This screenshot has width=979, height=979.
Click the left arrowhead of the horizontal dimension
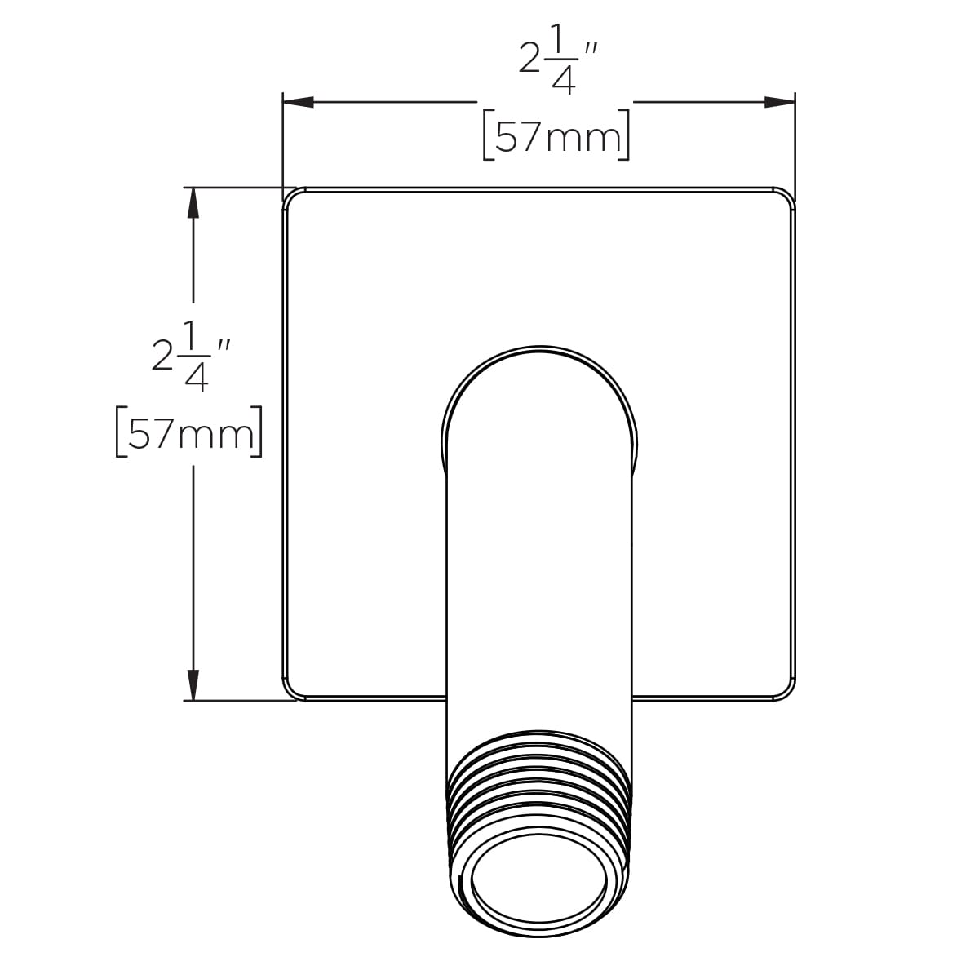click(x=299, y=102)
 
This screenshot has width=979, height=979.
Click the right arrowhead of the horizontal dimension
click(x=779, y=102)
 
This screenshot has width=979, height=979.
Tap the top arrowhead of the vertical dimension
click(x=193, y=203)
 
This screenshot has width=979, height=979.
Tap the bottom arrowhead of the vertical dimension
click(x=193, y=685)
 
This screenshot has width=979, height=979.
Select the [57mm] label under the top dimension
click(x=556, y=135)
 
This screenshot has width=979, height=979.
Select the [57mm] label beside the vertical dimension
click(x=189, y=432)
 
